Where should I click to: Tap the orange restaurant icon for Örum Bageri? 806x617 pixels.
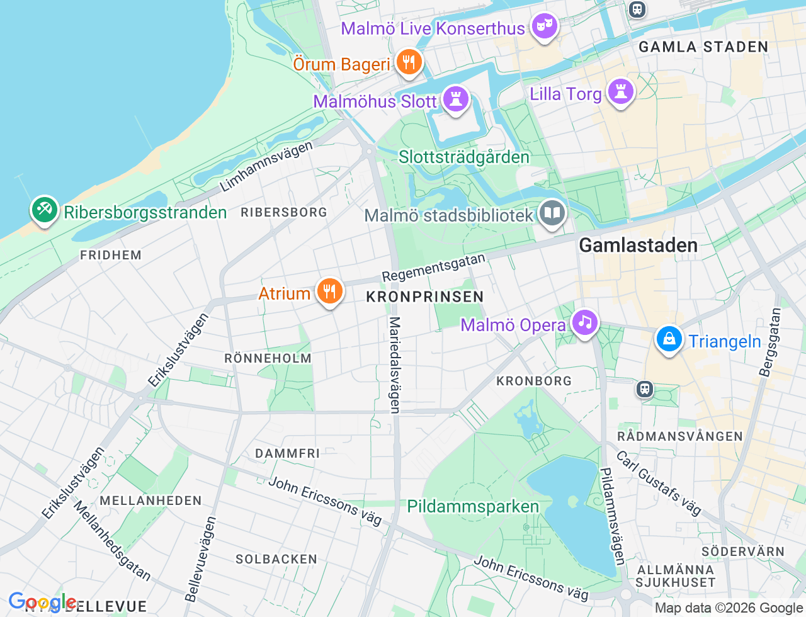coord(409,62)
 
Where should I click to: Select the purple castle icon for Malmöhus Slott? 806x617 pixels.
coord(456,99)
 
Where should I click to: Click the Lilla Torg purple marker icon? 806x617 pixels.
coord(621,91)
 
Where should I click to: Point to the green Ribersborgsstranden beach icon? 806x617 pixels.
coord(44,210)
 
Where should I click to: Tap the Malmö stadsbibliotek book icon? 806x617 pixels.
coord(552,213)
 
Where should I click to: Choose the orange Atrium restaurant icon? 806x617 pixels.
coord(329,291)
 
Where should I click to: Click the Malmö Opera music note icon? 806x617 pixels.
coord(585,322)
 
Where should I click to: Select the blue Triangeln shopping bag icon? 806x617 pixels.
coord(669,339)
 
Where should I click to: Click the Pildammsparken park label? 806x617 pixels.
coord(473,507)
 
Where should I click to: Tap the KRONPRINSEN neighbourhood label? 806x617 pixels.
coord(425,297)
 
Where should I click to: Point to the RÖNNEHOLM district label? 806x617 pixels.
coord(268,358)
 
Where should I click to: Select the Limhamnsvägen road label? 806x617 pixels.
coord(266,166)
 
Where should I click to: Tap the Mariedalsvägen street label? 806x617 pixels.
coord(395,365)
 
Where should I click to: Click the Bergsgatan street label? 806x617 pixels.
coord(770,342)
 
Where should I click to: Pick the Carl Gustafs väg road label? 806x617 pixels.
coord(659,483)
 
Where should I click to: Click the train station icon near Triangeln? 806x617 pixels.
coord(645,388)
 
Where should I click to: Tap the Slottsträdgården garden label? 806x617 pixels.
coord(464,157)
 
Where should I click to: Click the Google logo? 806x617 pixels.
coord(42,603)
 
